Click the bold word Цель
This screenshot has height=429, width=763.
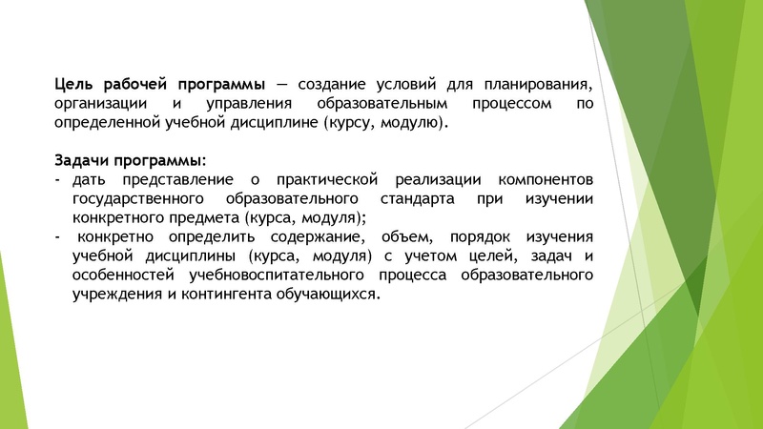coord(72,84)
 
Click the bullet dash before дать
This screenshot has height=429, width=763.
coord(57,179)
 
